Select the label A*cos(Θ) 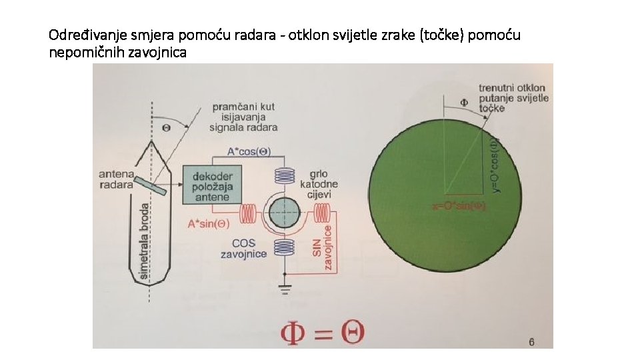(x=249, y=153)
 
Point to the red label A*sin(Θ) (x=210, y=223)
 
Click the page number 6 (x=531, y=342)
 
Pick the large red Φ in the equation (x=299, y=331)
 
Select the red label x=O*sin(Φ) (x=460, y=207)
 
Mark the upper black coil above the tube (x=286, y=177)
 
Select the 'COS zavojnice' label (x=245, y=248)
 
